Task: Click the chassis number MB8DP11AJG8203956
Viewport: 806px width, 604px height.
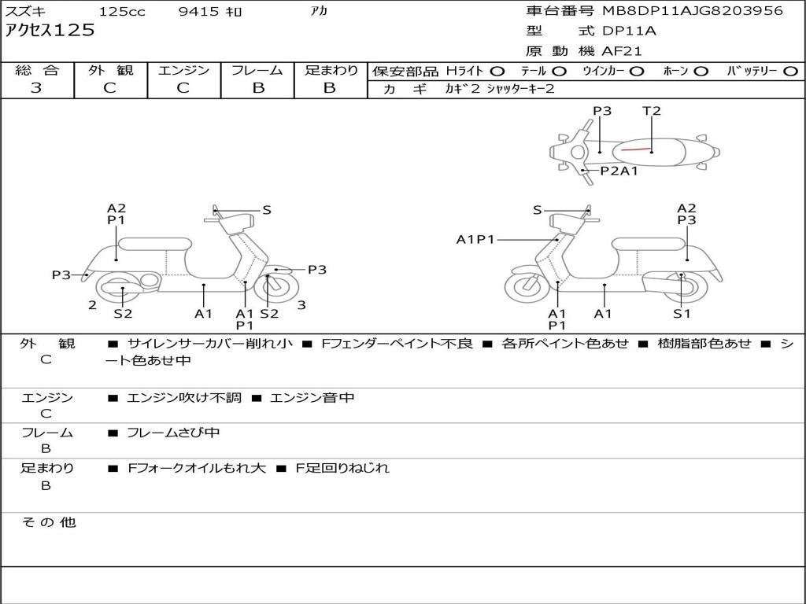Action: coord(693,11)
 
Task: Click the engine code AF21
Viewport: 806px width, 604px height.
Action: coord(622,52)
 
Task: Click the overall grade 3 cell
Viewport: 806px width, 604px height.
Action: coord(36,88)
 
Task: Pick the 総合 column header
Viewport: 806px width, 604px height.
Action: coord(36,71)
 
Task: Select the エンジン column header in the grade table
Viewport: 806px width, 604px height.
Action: coord(183,71)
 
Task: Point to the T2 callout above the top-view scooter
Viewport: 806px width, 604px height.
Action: coord(652,111)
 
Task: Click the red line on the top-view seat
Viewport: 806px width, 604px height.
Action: coord(638,148)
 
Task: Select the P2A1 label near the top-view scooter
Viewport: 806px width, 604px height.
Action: coord(619,171)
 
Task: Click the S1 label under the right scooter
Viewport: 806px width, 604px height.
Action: coord(681,314)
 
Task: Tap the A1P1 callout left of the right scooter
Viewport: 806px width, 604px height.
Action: coord(476,239)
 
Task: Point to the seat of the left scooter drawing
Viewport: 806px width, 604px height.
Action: coord(154,243)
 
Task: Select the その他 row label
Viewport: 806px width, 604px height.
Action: coord(48,522)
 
